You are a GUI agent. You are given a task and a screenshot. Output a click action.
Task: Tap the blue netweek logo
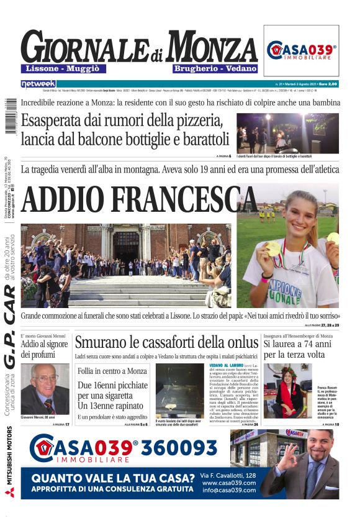click(38, 84)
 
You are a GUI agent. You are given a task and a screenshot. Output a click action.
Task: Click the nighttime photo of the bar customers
click(287, 133)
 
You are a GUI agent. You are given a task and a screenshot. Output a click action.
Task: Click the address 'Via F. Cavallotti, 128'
click(229, 475)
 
